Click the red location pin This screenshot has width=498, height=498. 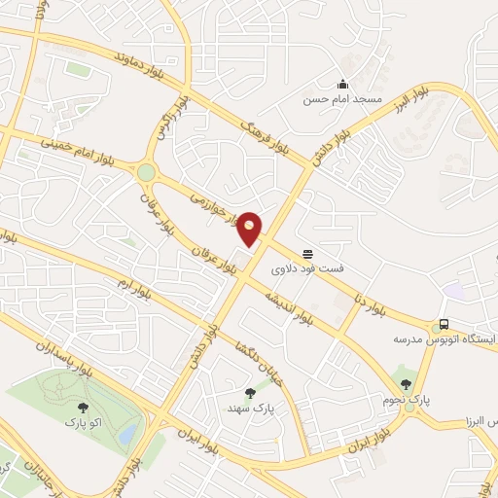point(250,228)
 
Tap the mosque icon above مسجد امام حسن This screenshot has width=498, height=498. point(341,84)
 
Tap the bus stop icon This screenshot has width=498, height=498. point(444,324)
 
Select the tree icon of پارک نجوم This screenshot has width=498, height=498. point(407,384)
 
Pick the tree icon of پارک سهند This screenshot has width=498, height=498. point(250,393)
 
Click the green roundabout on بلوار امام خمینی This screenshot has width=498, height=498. point(146,172)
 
